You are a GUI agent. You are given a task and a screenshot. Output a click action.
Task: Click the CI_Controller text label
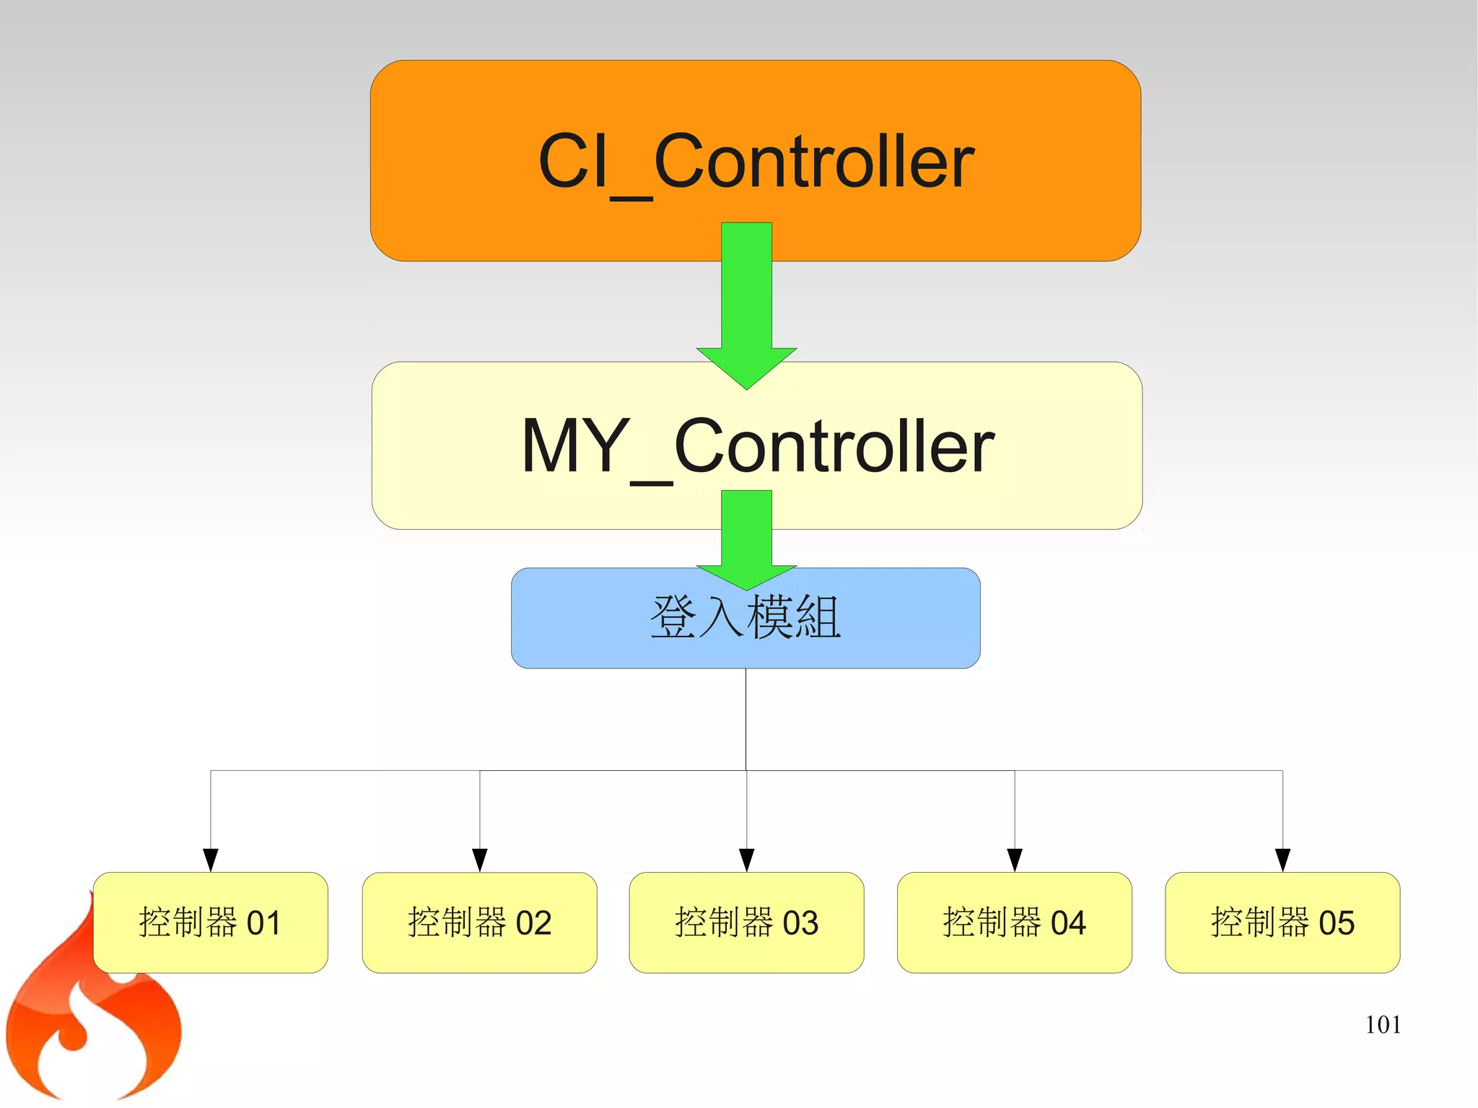[x=756, y=162]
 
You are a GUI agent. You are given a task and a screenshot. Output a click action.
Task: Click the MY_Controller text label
[x=758, y=447]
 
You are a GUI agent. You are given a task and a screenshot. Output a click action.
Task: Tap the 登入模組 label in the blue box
[x=745, y=618]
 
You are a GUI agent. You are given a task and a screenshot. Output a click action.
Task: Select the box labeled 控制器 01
[x=210, y=922]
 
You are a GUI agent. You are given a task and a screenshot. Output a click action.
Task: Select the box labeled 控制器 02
[x=479, y=922]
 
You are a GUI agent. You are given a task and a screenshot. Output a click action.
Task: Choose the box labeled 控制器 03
[x=746, y=922]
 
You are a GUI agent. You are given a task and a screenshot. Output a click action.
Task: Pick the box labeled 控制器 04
[x=1014, y=922]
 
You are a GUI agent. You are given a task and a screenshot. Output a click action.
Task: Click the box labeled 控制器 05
[x=1282, y=922]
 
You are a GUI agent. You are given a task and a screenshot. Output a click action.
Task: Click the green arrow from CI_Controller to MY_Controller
[x=746, y=303]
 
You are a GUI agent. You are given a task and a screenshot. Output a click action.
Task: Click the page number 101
[x=1383, y=1025]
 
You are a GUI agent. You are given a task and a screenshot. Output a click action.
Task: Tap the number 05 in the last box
[x=1337, y=923]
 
